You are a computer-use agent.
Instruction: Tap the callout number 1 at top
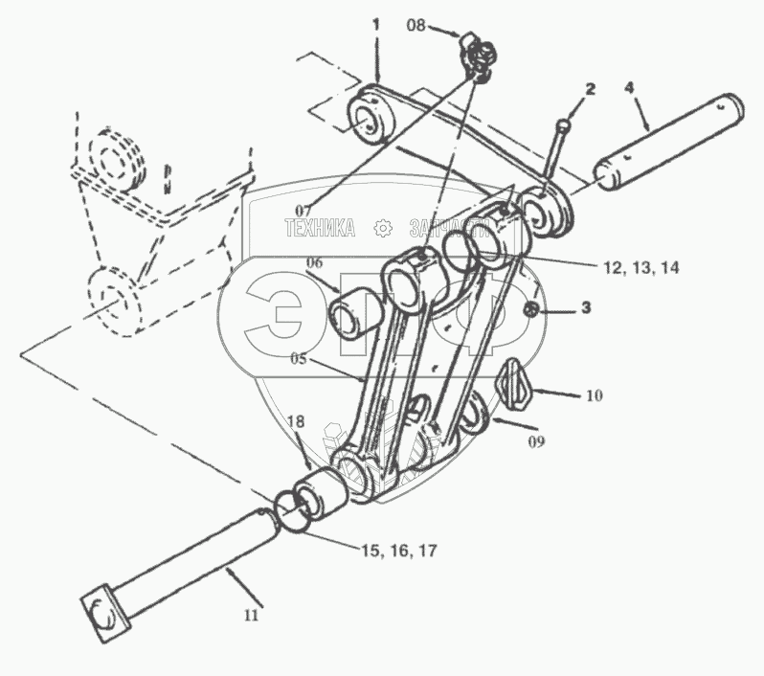tap(376, 21)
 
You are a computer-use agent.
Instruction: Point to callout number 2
tap(590, 89)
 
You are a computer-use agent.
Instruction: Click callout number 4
tap(629, 88)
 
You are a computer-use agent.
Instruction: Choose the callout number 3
tap(587, 309)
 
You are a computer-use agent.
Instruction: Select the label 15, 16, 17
tap(399, 551)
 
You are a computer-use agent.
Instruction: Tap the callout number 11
tap(250, 616)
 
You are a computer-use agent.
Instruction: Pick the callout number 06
tap(315, 262)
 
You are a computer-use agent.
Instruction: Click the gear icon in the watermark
tap(383, 228)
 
